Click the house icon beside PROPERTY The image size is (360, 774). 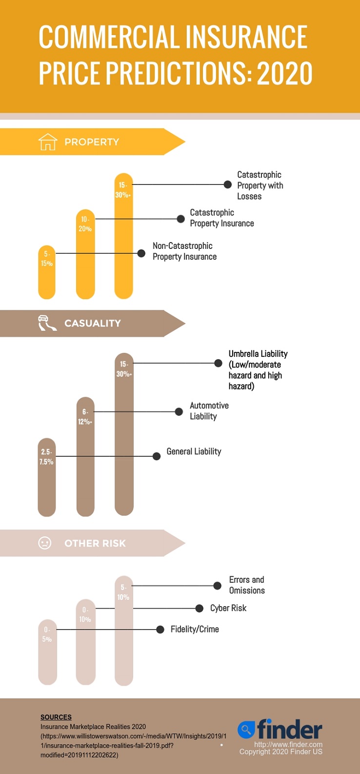[48, 142]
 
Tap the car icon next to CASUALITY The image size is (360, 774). [47, 323]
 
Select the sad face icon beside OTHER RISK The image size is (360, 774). [45, 543]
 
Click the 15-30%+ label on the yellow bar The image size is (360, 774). [123, 190]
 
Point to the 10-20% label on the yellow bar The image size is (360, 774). [85, 224]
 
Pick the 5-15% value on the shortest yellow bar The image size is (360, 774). [47, 259]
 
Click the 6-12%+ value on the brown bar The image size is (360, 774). [85, 417]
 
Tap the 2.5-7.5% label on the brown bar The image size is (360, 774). [46, 457]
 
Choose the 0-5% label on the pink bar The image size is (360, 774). [47, 634]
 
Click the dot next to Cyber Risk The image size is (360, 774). [199, 608]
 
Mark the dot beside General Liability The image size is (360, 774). [157, 456]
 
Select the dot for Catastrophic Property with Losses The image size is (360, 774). [227, 184]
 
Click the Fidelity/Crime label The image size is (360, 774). [195, 629]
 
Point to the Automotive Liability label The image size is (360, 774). [209, 411]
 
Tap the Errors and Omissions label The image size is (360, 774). [247, 585]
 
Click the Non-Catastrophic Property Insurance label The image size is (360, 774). [184, 251]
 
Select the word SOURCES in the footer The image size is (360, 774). [56, 717]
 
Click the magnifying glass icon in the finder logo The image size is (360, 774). [246, 729]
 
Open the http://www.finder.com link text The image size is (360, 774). [288, 744]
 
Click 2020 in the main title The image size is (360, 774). [285, 73]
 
